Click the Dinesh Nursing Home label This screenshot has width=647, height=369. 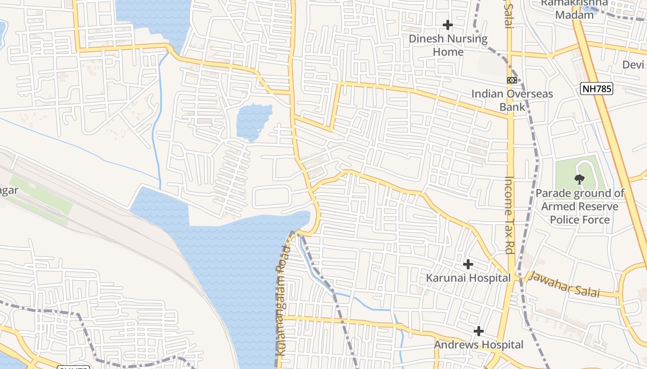[x=448, y=45]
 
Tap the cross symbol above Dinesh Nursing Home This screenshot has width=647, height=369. [x=447, y=25]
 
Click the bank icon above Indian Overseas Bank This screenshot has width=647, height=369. [x=512, y=80]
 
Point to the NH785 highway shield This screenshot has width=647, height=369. [x=597, y=89]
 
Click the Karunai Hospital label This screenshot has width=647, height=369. [x=468, y=278]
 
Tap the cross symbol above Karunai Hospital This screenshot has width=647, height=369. [x=468, y=264]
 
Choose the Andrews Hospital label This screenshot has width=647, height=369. [x=479, y=345]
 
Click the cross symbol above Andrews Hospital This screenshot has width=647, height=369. [x=479, y=331]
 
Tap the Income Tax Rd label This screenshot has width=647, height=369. [x=509, y=215]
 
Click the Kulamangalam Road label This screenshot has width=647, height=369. [x=283, y=300]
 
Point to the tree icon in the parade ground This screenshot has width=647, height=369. [x=579, y=179]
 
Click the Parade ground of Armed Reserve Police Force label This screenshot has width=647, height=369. [x=580, y=206]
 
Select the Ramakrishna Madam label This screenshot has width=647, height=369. [x=574, y=9]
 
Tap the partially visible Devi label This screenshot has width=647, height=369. [x=633, y=65]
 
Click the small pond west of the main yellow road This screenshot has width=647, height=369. [x=253, y=121]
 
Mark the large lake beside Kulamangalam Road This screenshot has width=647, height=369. [x=231, y=258]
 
